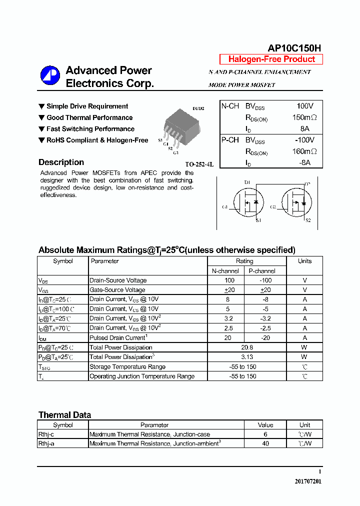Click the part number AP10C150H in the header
pos(294,48)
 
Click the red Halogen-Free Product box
pos(271,59)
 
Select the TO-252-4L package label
pos(199,164)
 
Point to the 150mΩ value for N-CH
pos(304,117)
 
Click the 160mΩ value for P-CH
pos(304,151)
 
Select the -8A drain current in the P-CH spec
pos(304,162)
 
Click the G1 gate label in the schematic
pos(224,207)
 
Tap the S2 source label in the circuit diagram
pos(308,220)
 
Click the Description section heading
pos(61,162)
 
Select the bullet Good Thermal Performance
pos(89,118)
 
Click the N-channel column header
pos(225,271)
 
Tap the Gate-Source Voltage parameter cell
pos(117,290)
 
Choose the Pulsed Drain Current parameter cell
pos(118,338)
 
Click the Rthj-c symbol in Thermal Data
pos(46,434)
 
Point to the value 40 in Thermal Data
pos(265,443)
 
